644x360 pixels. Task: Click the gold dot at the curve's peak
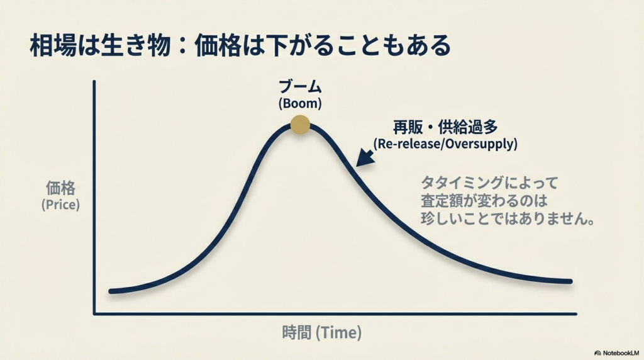pos(300,125)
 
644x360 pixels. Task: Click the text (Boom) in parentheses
pos(300,103)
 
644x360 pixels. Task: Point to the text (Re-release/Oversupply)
pos(445,143)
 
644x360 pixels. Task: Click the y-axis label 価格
pos(60,188)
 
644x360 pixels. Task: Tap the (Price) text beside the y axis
pos(60,205)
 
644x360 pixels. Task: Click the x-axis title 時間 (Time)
pos(321,334)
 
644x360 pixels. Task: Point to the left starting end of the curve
pos(111,291)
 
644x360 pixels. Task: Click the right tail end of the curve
pos(570,281)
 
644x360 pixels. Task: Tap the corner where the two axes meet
pos(94,313)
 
